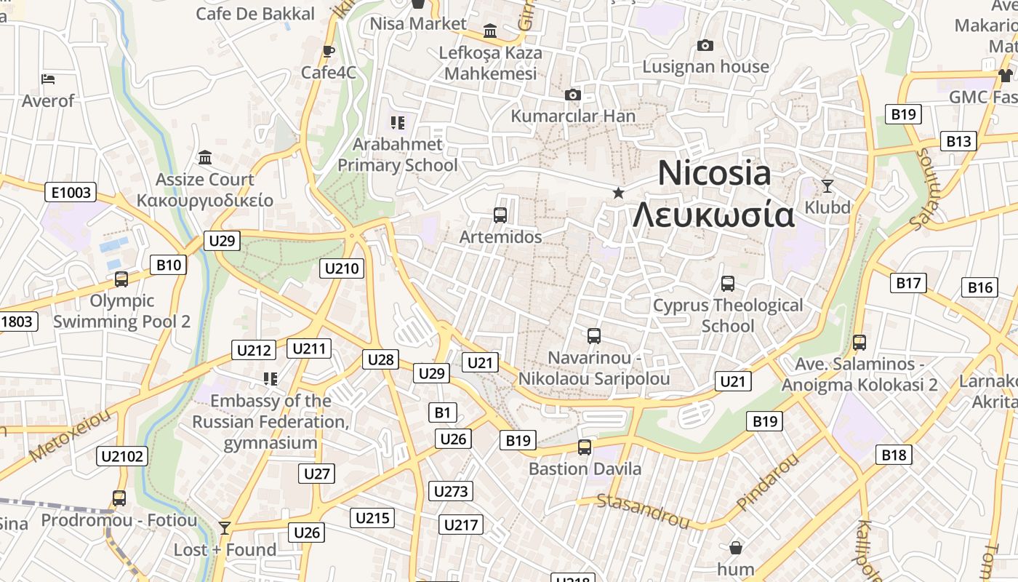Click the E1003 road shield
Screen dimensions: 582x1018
coord(71,192)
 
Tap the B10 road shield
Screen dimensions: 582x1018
coord(169,265)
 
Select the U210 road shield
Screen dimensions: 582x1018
coord(342,268)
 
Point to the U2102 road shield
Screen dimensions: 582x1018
coord(122,456)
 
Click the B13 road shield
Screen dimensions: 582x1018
coord(958,141)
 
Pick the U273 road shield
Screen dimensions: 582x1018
coord(451,491)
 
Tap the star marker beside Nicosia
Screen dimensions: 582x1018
coord(618,193)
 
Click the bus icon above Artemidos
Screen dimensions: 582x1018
coord(500,215)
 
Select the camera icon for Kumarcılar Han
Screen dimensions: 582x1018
coord(573,95)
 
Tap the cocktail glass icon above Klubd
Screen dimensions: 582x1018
coord(827,186)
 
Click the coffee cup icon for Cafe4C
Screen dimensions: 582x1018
coord(328,51)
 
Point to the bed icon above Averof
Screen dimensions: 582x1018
coord(48,79)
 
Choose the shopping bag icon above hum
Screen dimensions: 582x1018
coord(735,547)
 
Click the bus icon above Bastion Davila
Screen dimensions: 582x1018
coord(585,447)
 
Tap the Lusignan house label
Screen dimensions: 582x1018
coord(705,67)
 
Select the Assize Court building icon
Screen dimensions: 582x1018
coord(205,157)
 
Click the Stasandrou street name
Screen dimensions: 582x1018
coord(643,510)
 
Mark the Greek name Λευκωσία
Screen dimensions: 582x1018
coord(713,216)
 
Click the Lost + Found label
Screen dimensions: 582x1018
coord(225,550)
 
